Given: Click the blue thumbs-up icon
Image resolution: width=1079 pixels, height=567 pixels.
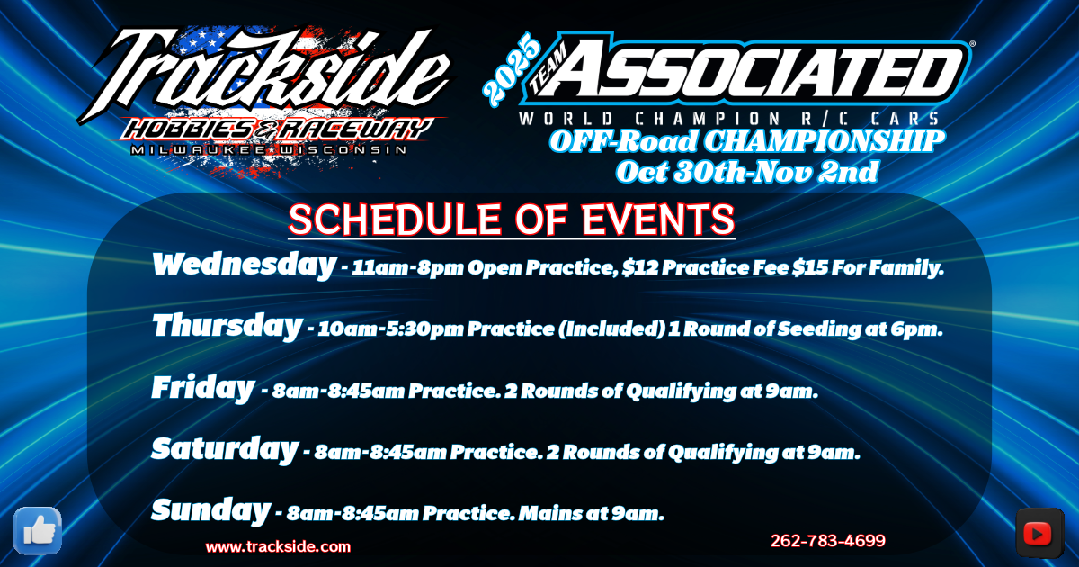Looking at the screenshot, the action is (x=38, y=531).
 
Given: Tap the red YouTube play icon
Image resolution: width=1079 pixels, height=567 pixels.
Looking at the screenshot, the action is (x=1040, y=533).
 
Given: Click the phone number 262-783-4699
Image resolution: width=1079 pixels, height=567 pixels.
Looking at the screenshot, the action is (x=827, y=541).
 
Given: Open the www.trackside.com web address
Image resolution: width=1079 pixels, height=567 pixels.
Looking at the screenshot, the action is (x=278, y=547).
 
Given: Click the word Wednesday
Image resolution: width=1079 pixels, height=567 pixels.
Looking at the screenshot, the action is (x=244, y=265).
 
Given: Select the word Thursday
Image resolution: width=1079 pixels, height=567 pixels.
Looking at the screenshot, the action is (x=227, y=326).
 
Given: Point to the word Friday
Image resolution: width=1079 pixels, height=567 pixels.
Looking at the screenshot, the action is (x=203, y=388).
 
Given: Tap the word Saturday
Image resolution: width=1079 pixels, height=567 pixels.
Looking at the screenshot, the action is (x=225, y=449).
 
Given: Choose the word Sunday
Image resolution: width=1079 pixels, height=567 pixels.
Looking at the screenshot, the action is (x=211, y=510).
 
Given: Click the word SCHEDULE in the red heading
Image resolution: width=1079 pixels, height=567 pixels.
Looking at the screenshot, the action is (x=395, y=220).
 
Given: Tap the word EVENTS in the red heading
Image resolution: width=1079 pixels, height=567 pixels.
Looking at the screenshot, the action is (x=658, y=220).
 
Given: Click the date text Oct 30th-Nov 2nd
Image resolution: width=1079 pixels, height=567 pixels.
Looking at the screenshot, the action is (x=747, y=172).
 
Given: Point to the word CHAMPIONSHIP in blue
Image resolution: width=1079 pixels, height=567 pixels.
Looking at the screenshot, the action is (x=825, y=141).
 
